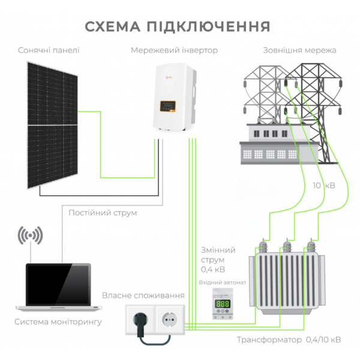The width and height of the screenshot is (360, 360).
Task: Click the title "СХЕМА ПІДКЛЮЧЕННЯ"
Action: click(178, 27)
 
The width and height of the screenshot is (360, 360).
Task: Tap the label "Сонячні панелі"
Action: click(49, 50)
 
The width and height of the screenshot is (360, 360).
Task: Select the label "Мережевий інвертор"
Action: click(174, 50)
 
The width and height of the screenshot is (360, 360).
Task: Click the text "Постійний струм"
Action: click(103, 213)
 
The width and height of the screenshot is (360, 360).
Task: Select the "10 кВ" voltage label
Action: click(323, 185)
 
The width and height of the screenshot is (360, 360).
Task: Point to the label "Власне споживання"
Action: click(143, 296)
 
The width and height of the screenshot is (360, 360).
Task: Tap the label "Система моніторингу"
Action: click(58, 322)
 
